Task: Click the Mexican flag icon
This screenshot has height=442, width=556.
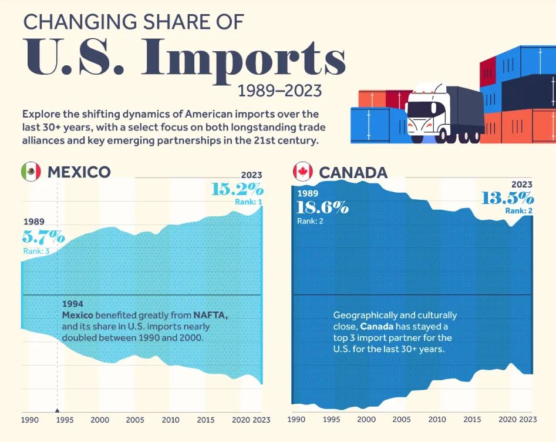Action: (31, 172)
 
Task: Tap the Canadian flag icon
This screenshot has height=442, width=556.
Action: (302, 172)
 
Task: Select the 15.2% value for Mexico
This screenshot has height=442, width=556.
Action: (237, 189)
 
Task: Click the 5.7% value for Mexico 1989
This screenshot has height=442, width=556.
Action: (43, 237)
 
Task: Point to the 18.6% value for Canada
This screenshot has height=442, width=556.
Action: (322, 207)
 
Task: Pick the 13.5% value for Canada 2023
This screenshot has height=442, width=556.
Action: (507, 198)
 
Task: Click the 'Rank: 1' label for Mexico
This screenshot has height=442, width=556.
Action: (248, 202)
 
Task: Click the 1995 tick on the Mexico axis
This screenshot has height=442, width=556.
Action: (65, 420)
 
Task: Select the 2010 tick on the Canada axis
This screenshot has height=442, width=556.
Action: (437, 420)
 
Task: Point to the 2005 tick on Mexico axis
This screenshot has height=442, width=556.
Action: (135, 420)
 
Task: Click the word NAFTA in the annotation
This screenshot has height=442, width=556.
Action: (211, 315)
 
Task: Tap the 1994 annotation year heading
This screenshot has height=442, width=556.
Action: (73, 304)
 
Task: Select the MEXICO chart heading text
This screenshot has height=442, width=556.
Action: (79, 172)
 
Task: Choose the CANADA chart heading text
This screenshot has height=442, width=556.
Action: (353, 172)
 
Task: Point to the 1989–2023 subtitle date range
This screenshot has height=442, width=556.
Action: (280, 91)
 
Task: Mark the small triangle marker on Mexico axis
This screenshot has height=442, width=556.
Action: (57, 411)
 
